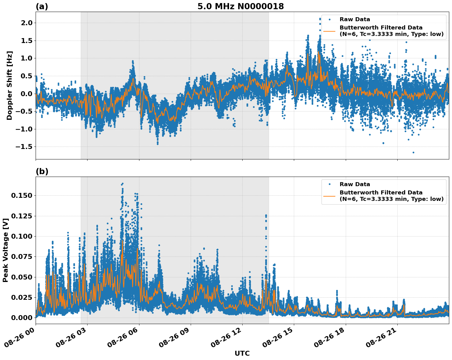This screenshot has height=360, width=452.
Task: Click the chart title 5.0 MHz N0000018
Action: tap(240, 6)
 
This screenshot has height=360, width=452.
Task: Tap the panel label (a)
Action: tap(42, 6)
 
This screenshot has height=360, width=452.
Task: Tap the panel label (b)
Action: tap(42, 171)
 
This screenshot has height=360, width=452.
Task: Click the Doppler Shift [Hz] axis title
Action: tap(10, 85)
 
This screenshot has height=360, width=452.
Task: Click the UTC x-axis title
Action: tap(242, 353)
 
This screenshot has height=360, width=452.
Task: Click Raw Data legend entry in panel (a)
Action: tap(355, 19)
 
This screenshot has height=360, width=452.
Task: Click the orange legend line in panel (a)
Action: tap(329, 31)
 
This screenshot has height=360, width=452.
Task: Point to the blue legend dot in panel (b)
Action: tap(329, 184)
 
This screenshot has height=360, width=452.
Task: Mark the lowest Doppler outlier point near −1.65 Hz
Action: tap(413, 152)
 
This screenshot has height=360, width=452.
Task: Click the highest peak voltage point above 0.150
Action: tap(123, 184)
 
